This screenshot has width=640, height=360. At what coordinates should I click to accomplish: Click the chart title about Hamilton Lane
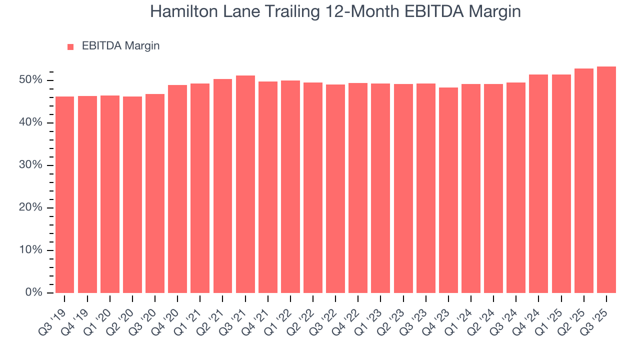click(x=335, y=12)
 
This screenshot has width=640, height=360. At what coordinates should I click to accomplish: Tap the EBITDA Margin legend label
click(x=120, y=46)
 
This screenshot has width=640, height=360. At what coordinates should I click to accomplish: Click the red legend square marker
click(x=70, y=46)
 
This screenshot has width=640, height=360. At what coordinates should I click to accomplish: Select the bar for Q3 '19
click(x=64, y=194)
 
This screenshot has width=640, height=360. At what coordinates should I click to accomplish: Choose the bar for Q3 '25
click(x=606, y=179)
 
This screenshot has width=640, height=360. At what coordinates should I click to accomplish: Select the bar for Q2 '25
click(x=584, y=180)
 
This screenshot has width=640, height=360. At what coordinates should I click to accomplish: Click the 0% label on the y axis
click(x=34, y=292)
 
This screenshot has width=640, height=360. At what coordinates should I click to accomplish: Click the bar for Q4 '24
click(x=538, y=183)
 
